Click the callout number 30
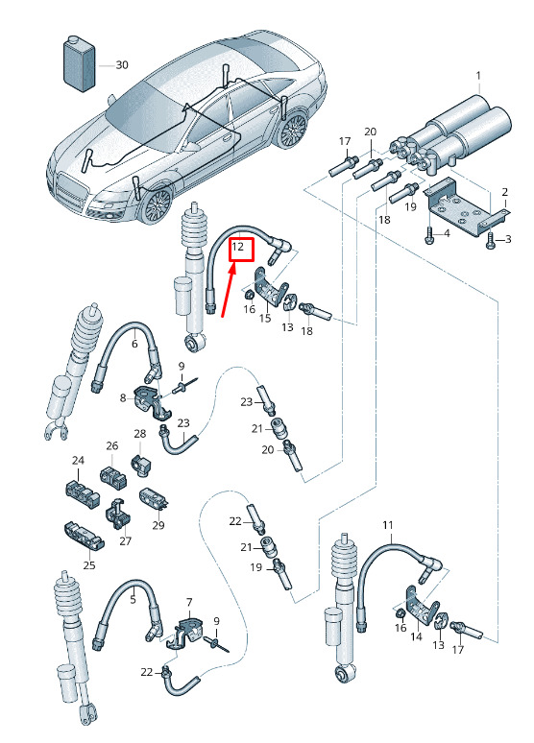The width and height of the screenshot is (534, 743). (x=122, y=64)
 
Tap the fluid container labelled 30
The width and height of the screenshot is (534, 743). (x=80, y=63)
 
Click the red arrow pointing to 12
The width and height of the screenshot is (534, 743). (x=229, y=291)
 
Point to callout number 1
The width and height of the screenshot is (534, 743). (x=478, y=76)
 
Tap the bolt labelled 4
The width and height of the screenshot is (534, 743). (x=429, y=234)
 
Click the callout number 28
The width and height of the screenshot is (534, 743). (x=140, y=434)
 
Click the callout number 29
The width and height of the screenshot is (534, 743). (x=158, y=525)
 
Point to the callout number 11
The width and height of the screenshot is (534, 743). (x=388, y=525)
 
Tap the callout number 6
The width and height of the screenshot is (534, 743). (x=134, y=344)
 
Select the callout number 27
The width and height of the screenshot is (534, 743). (x=125, y=540)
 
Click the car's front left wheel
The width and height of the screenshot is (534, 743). (x=156, y=205)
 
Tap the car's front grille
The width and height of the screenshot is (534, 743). (x=72, y=190)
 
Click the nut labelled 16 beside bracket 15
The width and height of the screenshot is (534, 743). (x=248, y=296)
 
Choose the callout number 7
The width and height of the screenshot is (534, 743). (x=189, y=602)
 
